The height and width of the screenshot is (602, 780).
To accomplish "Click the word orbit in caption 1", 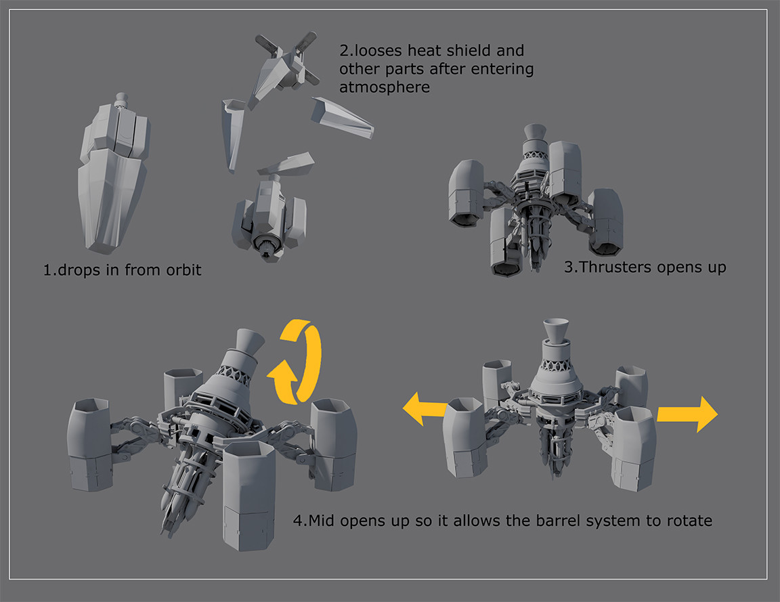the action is [x=183, y=270].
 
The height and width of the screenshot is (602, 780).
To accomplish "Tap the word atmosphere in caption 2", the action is [x=385, y=87].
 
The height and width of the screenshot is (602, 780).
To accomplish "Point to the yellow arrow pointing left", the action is [x=425, y=408].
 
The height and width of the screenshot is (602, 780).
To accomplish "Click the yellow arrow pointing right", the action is [x=687, y=414].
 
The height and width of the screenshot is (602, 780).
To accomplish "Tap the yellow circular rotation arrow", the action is [x=295, y=361].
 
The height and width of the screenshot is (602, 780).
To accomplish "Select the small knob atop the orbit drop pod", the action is [x=121, y=100].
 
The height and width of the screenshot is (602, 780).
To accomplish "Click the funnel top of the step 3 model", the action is [x=536, y=133].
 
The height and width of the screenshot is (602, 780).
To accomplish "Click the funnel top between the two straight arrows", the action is [x=556, y=329].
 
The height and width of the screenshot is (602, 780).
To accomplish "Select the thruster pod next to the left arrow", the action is [x=464, y=437].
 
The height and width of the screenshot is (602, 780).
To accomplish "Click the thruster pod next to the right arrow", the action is [x=633, y=448].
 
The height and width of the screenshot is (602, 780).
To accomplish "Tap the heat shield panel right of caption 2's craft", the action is [x=342, y=117].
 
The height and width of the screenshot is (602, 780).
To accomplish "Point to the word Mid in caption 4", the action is [x=322, y=521].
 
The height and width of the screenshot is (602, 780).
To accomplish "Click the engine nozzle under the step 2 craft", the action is [x=268, y=247].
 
